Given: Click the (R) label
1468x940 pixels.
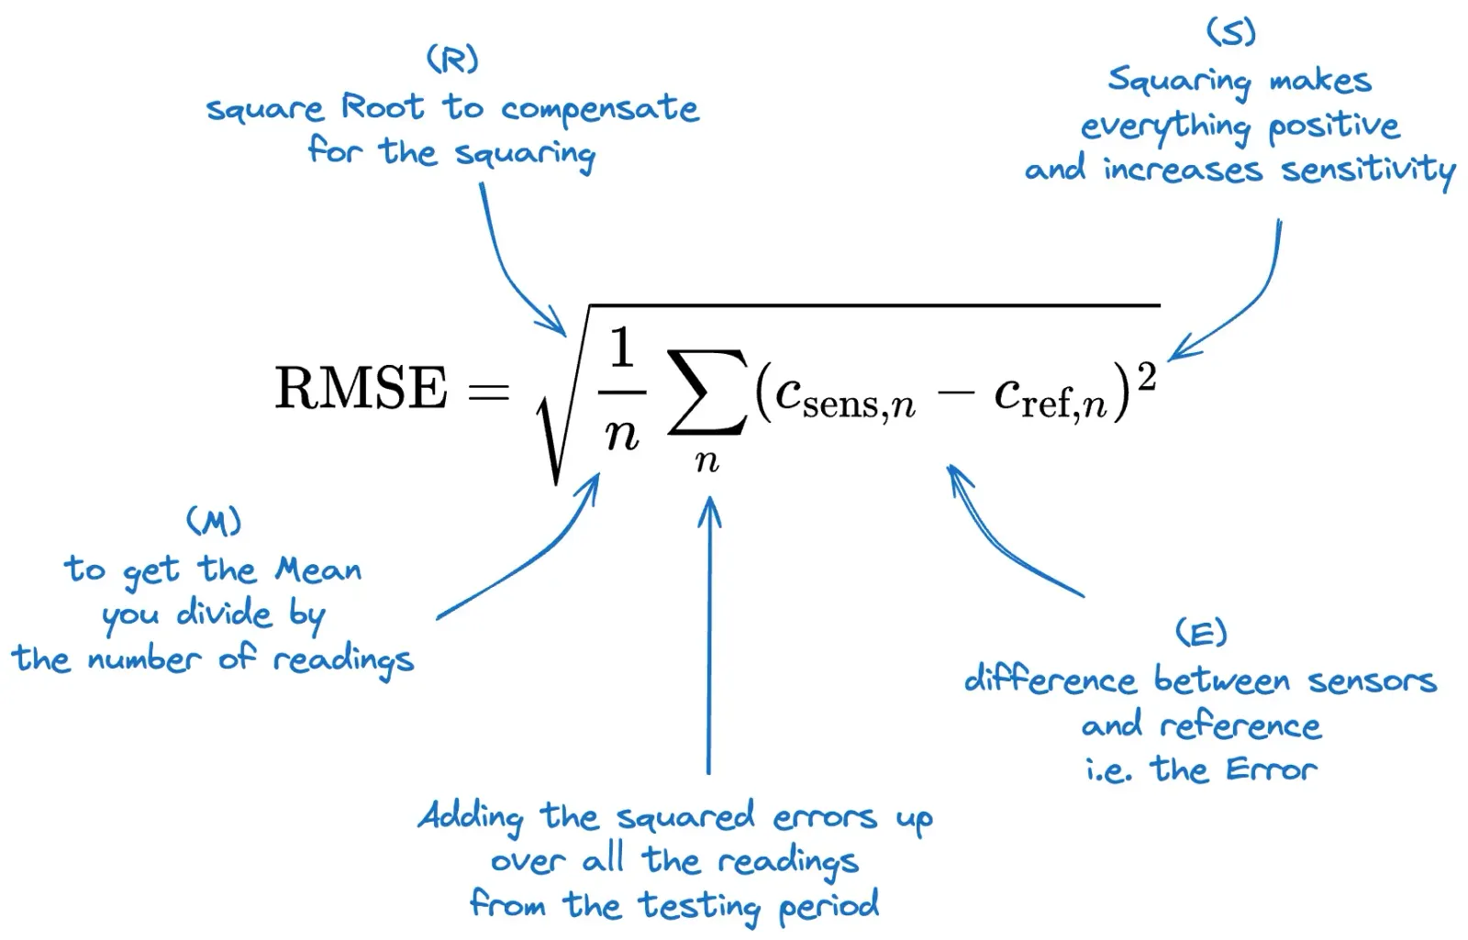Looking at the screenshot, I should click(x=452, y=60).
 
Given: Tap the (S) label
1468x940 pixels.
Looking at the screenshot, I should click(x=1230, y=32).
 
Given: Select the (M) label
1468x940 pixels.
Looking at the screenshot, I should click(x=214, y=522).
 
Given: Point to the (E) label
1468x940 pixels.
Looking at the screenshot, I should click(x=1200, y=633).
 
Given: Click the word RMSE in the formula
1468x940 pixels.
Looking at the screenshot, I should click(x=361, y=388).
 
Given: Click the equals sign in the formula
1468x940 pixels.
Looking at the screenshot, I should click(x=488, y=393).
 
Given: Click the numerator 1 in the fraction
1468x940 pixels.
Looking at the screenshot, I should click(x=622, y=349).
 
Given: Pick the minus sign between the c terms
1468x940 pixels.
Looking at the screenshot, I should click(x=955, y=394).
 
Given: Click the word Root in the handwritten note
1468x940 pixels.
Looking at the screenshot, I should click(x=383, y=107).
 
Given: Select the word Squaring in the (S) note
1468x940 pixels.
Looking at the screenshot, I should click(x=1179, y=81).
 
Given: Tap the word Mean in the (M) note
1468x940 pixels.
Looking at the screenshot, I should click(x=318, y=570).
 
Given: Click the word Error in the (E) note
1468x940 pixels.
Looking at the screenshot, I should click(x=1271, y=769).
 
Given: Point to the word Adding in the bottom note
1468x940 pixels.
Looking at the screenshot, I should click(x=471, y=816).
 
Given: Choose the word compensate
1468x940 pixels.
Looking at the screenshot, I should click(x=600, y=110).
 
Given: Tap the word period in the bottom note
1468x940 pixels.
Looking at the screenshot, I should click(x=829, y=906).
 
